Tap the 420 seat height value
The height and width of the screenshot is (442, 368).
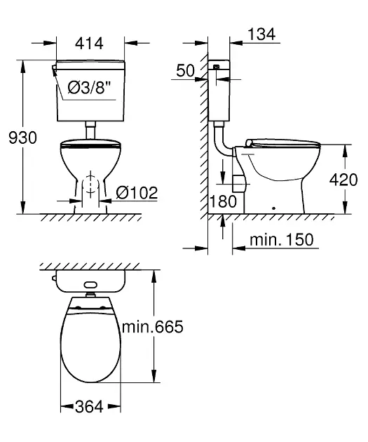point(344,180)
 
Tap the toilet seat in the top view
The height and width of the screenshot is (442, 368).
point(90,344)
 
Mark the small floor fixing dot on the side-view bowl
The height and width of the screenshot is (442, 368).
point(274,208)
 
